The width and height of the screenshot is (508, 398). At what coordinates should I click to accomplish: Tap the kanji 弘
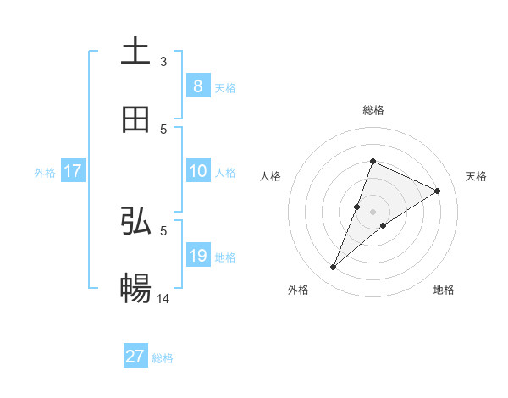[135, 222]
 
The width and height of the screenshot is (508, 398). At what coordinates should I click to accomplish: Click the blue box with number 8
[197, 86]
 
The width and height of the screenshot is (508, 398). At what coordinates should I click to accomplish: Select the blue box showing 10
[197, 171]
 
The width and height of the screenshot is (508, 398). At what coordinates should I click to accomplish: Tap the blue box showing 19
[197, 256]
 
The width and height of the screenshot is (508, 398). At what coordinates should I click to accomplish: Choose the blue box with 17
[72, 171]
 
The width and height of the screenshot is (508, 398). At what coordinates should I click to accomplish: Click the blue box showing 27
[135, 357]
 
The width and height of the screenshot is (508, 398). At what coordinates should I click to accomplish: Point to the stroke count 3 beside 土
[163, 61]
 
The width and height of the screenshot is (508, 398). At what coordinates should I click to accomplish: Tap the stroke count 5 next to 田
[163, 129]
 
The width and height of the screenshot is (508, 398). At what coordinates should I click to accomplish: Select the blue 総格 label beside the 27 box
[163, 358]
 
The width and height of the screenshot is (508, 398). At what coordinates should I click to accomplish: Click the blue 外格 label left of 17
[45, 172]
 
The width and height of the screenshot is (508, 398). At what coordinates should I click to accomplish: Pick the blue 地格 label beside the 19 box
[225, 257]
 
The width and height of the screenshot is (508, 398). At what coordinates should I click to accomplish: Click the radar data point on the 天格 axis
[438, 191]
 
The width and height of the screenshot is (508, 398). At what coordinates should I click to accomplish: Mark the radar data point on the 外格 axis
[334, 268]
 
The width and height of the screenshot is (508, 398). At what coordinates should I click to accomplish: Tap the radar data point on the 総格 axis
[373, 161]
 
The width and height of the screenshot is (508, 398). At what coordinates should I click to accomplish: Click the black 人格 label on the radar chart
[271, 176]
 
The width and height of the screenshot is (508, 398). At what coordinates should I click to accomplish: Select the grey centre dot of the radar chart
[373, 211]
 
